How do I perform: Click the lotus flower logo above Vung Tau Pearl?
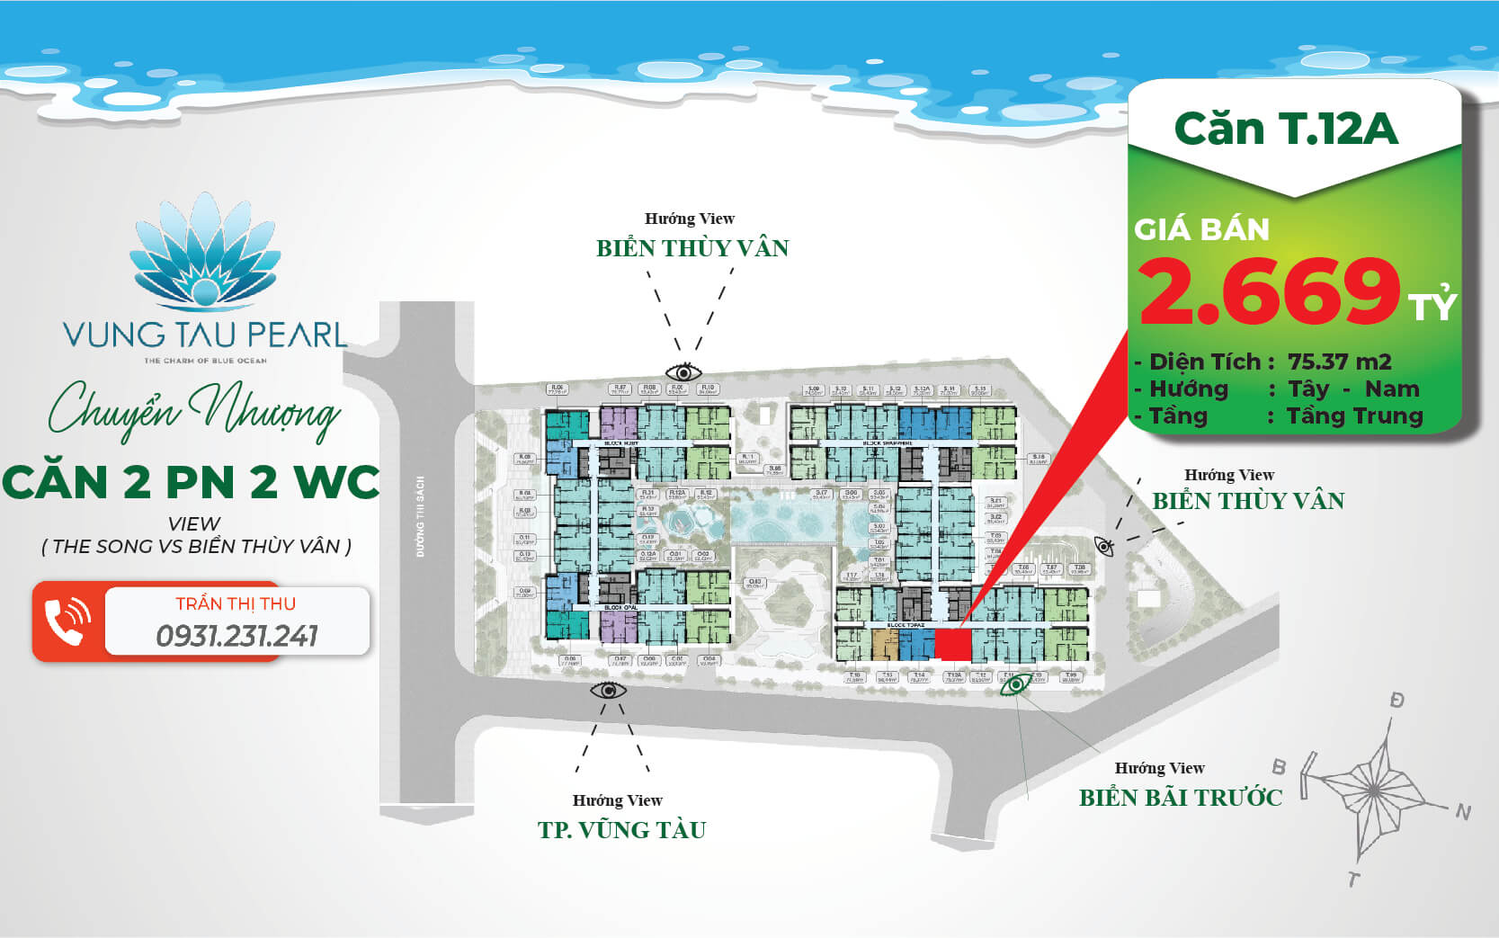click(x=206, y=252)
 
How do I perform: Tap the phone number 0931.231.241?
click(x=236, y=637)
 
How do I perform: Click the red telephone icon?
click(x=67, y=621)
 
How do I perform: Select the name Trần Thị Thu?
click(x=236, y=603)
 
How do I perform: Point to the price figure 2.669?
click(x=1269, y=290)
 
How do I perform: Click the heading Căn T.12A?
click(x=1286, y=129)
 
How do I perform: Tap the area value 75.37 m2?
click(x=1339, y=362)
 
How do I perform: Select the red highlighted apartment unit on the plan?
click(x=953, y=644)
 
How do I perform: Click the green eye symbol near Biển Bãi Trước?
click(x=1016, y=685)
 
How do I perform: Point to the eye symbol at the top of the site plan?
click(x=683, y=371)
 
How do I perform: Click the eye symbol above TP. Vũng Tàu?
click(x=609, y=691)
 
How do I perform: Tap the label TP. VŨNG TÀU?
click(x=621, y=829)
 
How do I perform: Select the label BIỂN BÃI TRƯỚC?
click(x=1180, y=798)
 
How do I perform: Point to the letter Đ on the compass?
click(x=1396, y=700)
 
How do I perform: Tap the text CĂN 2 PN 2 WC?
click(x=191, y=482)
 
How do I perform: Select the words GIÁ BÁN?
click(x=1201, y=230)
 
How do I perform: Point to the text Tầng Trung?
click(x=1354, y=415)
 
